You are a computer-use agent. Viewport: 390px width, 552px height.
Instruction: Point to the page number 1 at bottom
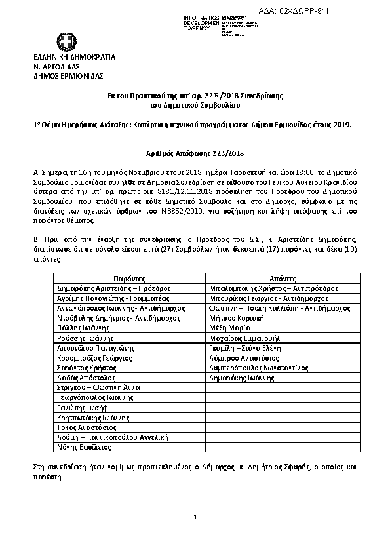[x=195, y=518]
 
